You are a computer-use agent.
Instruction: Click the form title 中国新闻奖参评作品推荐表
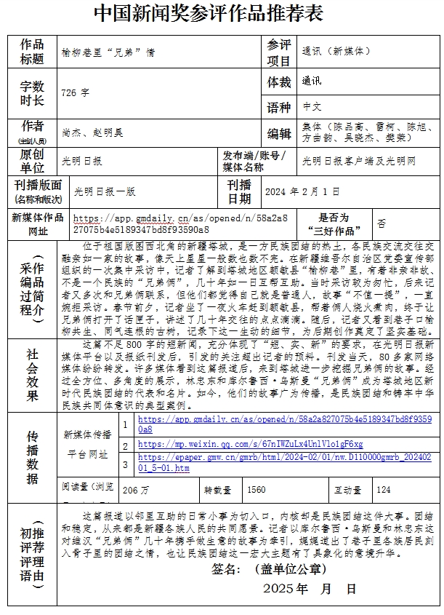[208, 15]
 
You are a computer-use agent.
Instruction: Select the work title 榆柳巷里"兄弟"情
[109, 52]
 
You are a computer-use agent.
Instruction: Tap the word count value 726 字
[75, 93]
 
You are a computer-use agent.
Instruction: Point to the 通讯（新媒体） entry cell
[336, 52]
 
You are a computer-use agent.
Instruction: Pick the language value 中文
[312, 106]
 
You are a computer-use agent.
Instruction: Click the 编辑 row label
[278, 133]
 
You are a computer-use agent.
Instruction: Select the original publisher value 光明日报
[82, 161]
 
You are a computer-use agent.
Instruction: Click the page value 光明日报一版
[104, 191]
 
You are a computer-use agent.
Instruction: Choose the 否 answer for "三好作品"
[382, 223]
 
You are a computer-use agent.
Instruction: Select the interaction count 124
[384, 490]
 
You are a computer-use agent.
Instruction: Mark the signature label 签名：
[230, 568]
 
